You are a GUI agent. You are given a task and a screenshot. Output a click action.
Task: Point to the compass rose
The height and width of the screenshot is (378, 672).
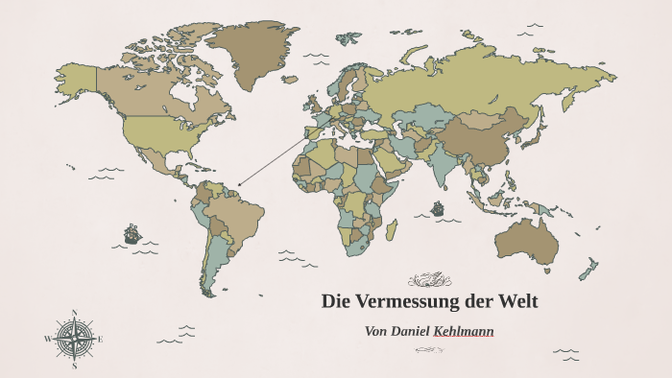point(74,339)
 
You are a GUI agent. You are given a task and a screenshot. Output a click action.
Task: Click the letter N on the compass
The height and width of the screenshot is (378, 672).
point(74,313)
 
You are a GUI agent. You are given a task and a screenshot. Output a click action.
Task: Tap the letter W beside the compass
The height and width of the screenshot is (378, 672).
point(47,339)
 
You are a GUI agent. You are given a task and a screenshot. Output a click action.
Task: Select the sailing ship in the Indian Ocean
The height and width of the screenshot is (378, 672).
point(438,207)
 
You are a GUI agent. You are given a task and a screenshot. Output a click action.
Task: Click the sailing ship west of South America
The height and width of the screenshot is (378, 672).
point(132,233)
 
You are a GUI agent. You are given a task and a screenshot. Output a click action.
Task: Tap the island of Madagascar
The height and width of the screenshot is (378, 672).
point(392,230)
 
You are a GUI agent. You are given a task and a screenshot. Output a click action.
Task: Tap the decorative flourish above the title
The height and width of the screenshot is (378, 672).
point(429,280)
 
